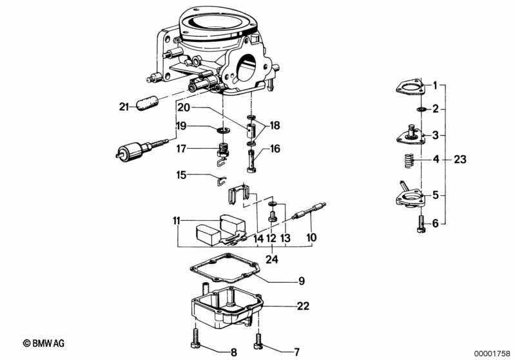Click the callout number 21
[124, 107]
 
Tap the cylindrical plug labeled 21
[147, 103]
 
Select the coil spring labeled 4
[408, 160]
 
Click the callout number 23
[460, 160]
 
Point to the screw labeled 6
[421, 224]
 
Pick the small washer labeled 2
[421, 109]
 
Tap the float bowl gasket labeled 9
[224, 268]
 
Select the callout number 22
[303, 306]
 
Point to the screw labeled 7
[258, 341]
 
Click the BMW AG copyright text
[44, 343]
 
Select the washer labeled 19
[223, 130]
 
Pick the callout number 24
[271, 260]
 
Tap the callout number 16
[275, 149]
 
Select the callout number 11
[177, 221]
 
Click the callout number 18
[275, 126]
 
